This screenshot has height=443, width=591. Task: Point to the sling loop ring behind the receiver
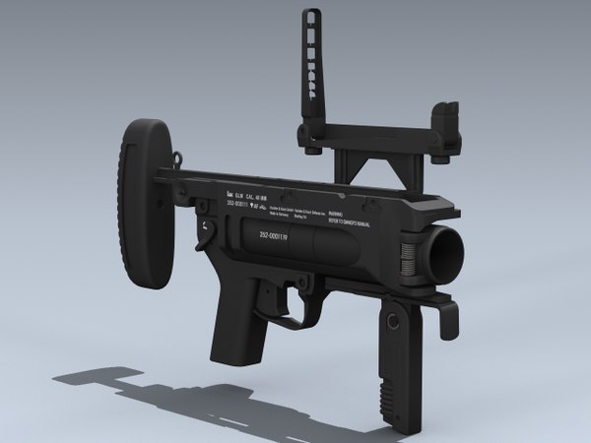point(177,156)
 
